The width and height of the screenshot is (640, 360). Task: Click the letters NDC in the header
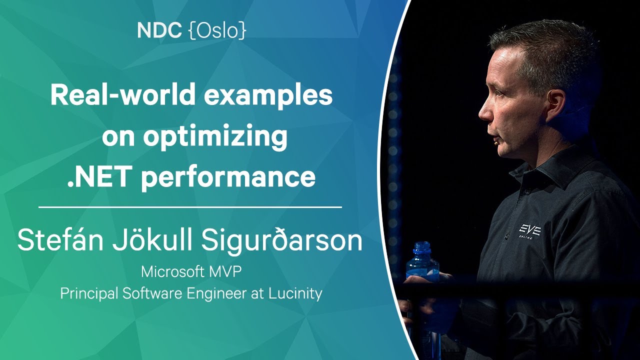tap(159, 30)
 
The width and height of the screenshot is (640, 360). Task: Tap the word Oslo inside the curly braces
tap(217, 30)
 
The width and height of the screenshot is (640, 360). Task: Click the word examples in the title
tap(268, 96)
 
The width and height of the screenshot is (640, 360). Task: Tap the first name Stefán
tap(60, 240)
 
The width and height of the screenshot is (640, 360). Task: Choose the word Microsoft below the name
tap(172, 271)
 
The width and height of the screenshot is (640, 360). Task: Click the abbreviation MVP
tap(225, 271)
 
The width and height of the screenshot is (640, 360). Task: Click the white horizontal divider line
tap(190, 207)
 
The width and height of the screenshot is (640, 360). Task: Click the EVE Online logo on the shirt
tap(529, 231)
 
